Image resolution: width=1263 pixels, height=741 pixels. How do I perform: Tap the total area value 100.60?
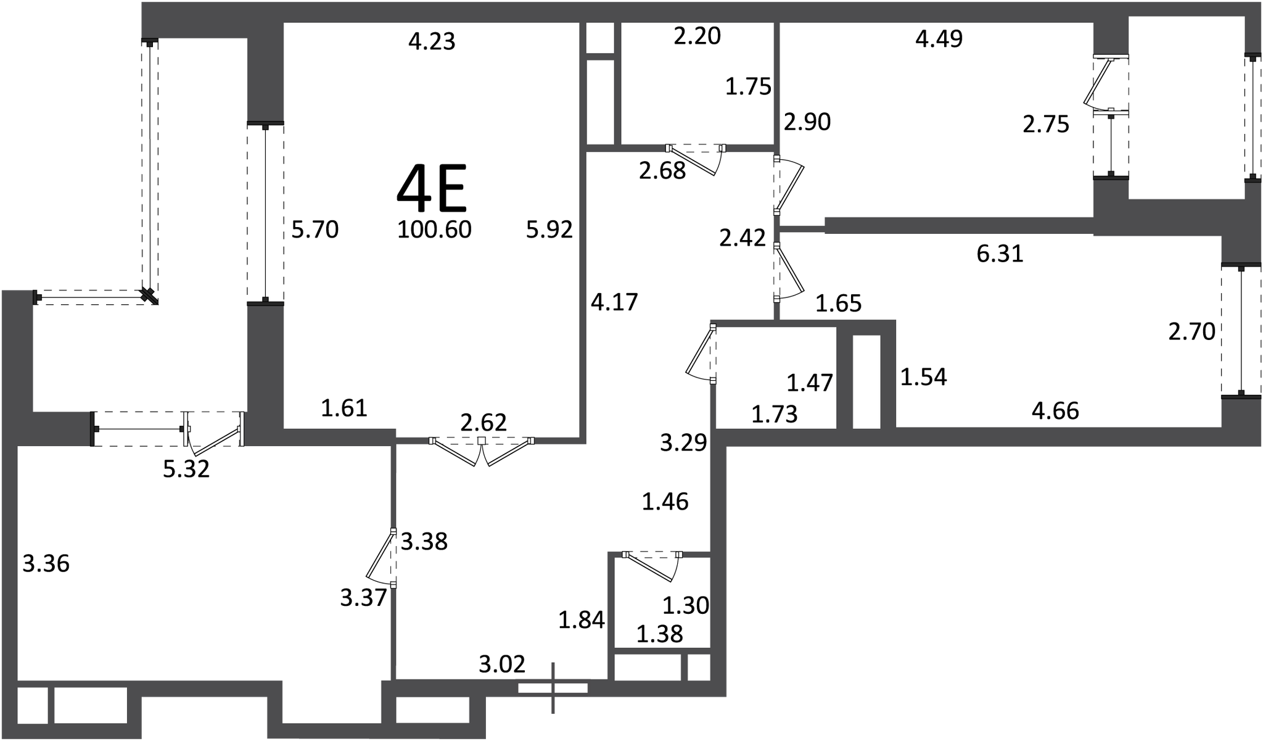(x=434, y=230)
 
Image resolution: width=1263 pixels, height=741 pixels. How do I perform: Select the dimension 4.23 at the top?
(x=432, y=41)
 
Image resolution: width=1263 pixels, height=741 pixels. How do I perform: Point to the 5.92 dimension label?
(x=549, y=230)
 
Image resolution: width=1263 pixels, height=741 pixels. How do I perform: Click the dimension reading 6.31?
(x=1000, y=254)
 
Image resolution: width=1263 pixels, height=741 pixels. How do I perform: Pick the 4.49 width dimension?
(x=939, y=39)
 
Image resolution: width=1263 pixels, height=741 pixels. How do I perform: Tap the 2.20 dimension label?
(x=697, y=36)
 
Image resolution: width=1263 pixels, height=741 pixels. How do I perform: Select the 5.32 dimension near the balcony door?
(x=186, y=470)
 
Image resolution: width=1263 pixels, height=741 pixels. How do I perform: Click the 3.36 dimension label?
(x=46, y=564)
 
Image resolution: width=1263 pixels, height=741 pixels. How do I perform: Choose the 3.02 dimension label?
(x=502, y=664)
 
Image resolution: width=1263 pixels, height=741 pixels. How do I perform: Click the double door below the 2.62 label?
(x=482, y=451)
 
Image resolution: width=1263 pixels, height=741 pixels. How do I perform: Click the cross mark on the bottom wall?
(x=553, y=688)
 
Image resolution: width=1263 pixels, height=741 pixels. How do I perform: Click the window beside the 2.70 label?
(x=1241, y=331)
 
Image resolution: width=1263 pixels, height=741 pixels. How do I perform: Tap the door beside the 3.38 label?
(x=382, y=558)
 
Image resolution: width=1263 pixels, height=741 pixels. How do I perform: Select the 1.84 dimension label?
(x=582, y=620)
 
